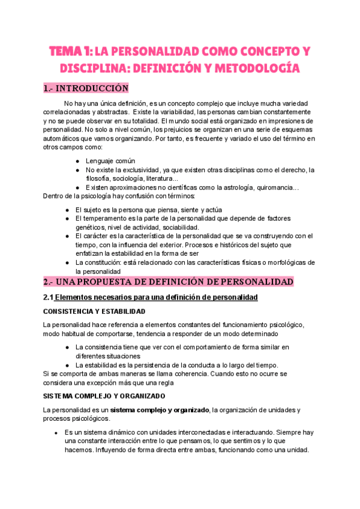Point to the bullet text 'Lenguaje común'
tap(110, 161)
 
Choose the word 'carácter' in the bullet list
tap(96, 236)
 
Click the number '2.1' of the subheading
tap(49, 298)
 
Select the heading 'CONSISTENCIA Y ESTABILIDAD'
tap(93, 312)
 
